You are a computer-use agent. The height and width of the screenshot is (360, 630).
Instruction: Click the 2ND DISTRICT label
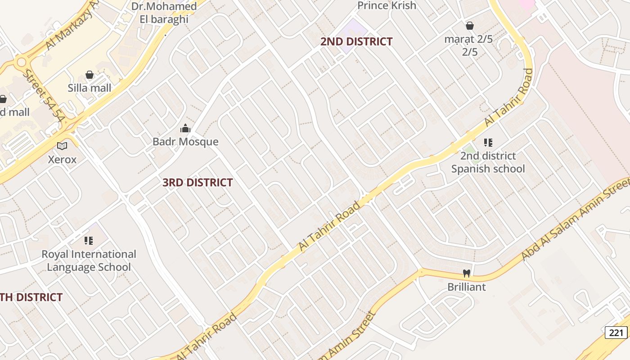point(356,41)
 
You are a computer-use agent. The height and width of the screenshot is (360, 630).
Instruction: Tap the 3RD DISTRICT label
point(198,182)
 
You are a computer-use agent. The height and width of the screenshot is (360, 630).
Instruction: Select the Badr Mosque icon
point(185,129)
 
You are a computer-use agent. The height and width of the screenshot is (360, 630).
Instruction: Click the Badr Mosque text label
point(185,142)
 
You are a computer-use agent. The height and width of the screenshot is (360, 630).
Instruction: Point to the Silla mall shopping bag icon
point(90,75)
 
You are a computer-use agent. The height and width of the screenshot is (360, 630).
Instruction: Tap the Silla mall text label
point(90,88)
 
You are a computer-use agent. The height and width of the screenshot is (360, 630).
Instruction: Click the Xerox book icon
point(62,146)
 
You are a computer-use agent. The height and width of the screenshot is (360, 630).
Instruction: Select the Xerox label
point(62,159)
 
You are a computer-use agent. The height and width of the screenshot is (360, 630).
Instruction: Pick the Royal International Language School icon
point(89,241)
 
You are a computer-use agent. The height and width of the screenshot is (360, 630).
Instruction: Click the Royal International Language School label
point(89,261)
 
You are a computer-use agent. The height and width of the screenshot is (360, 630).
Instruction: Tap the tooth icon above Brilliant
point(467,273)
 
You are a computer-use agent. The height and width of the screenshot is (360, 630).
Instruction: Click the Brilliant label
point(467,287)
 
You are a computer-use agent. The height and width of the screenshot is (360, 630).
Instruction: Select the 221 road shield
point(616,333)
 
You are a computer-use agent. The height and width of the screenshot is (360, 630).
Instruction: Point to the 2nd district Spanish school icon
point(488,143)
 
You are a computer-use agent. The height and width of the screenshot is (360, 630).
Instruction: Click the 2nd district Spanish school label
point(488,162)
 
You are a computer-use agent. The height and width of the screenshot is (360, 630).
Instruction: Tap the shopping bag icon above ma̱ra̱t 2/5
point(470,26)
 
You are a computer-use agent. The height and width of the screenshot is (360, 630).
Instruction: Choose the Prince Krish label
point(387,5)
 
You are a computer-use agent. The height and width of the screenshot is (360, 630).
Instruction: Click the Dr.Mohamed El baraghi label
point(164,13)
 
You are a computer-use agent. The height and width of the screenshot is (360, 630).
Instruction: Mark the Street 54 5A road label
point(44,96)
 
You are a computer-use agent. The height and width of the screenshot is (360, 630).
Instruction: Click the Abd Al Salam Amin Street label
point(576,220)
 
